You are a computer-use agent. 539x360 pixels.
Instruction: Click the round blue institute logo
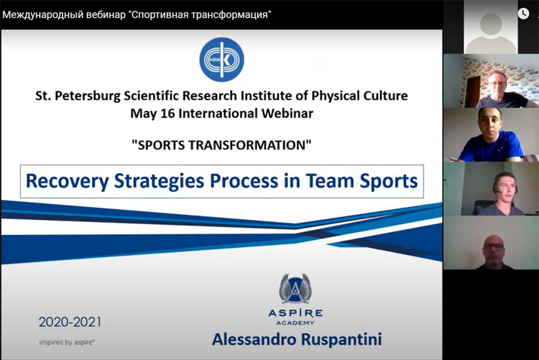222,60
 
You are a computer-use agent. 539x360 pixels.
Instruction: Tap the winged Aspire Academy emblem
295,288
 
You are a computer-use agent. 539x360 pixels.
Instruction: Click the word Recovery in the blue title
68,181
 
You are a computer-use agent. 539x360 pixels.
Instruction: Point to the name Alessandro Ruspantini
297,339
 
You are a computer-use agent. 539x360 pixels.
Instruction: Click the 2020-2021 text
70,322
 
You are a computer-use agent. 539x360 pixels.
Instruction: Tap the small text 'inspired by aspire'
67,342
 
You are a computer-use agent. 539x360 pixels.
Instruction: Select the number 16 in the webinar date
167,114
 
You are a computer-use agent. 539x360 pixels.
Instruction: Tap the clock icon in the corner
523,14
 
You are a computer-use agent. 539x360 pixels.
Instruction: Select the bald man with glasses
494,252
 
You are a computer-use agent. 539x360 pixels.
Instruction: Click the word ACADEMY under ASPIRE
295,323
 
